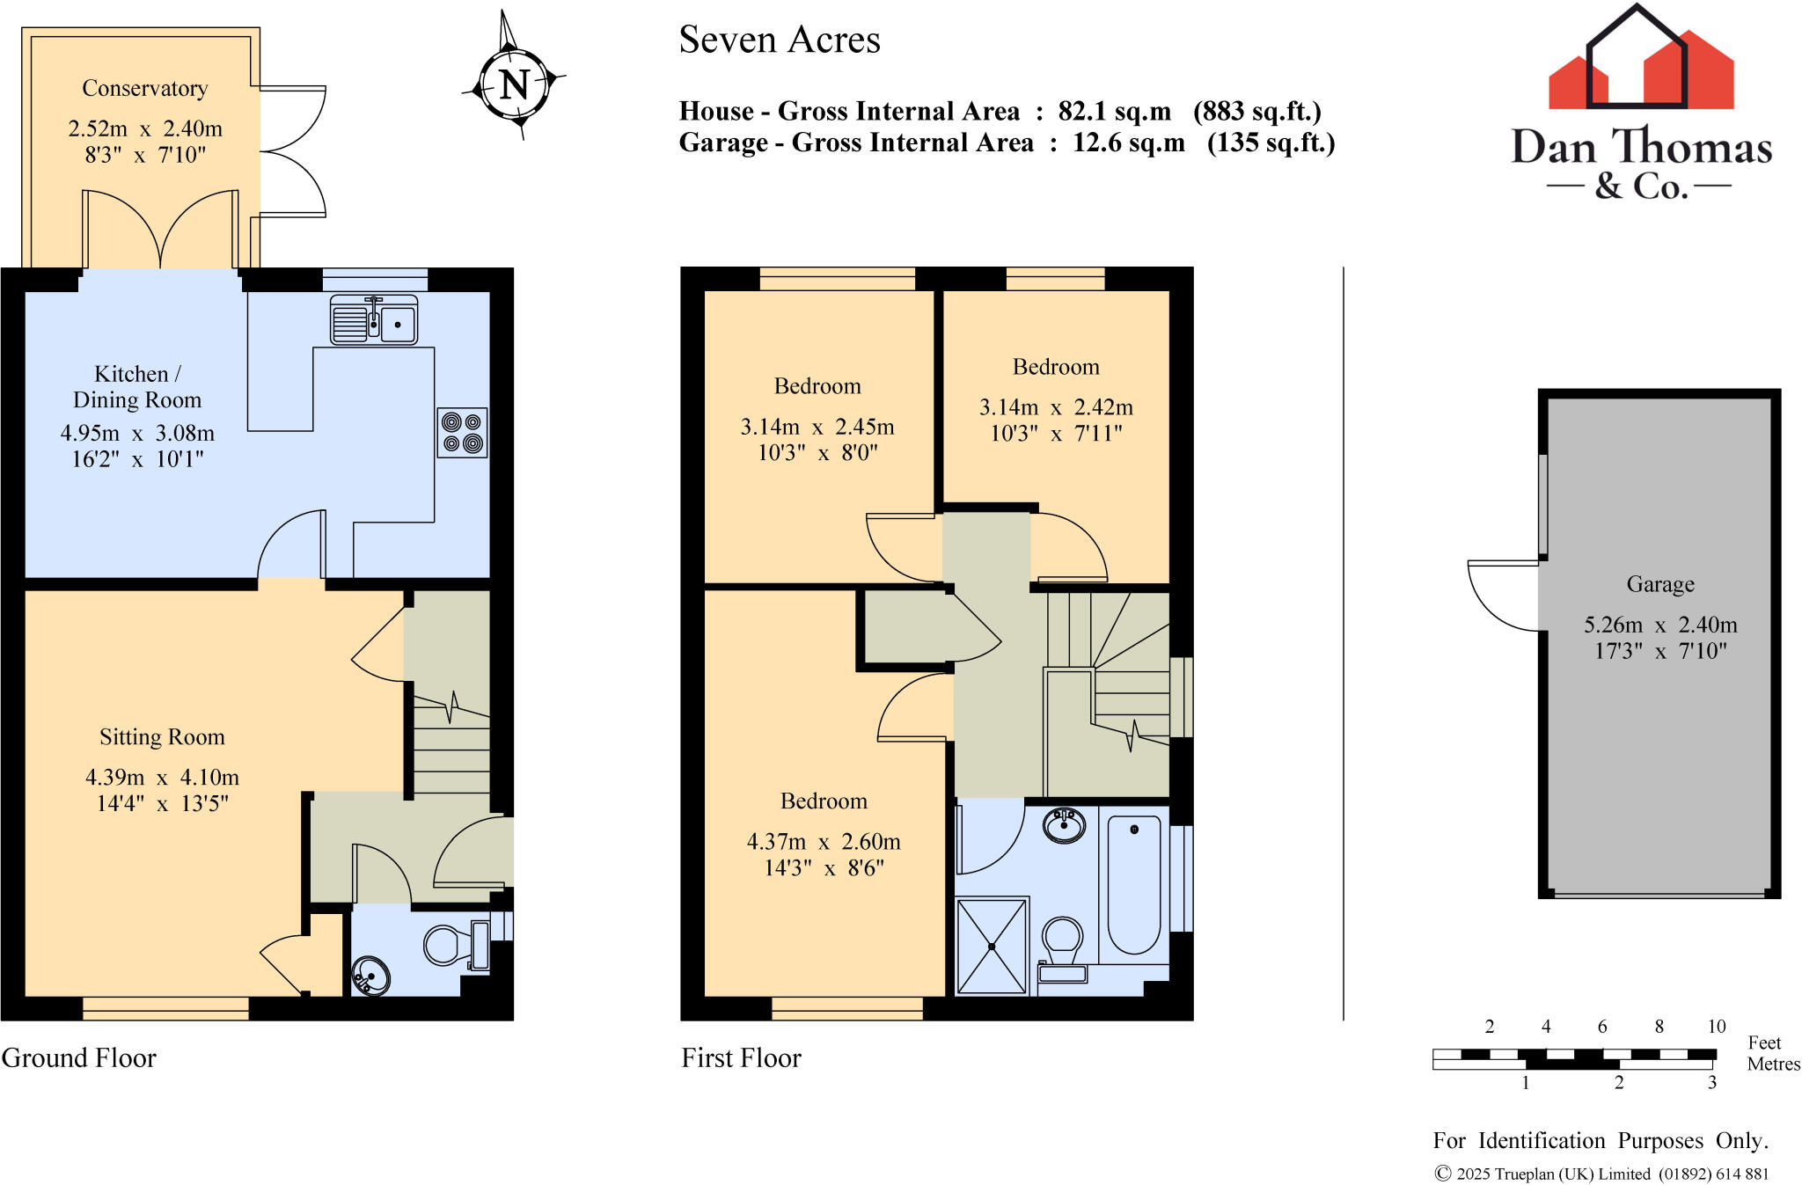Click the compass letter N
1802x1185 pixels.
[x=515, y=84]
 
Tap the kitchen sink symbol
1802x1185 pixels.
[x=374, y=320]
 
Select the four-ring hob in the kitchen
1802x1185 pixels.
[x=463, y=432]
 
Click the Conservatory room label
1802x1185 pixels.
[x=145, y=89]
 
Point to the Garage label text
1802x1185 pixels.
[x=1659, y=584]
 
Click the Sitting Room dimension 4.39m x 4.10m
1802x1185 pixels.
[x=162, y=777]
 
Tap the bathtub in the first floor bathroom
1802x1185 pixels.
[x=1134, y=884]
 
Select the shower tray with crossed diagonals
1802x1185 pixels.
[x=992, y=946]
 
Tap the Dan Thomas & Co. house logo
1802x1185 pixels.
[x=1641, y=70]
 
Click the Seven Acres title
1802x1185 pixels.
[x=780, y=40]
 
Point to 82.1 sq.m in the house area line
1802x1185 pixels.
[x=1114, y=112]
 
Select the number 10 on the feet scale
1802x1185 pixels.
[x=1716, y=1026]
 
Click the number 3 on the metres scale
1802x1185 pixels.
[x=1711, y=1083]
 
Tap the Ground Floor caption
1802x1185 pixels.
[x=79, y=1057]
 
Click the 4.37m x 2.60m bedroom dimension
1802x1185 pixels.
[x=824, y=841]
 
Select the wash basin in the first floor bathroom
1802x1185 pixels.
[x=1063, y=825]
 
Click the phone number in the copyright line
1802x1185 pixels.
[x=1713, y=1174]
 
